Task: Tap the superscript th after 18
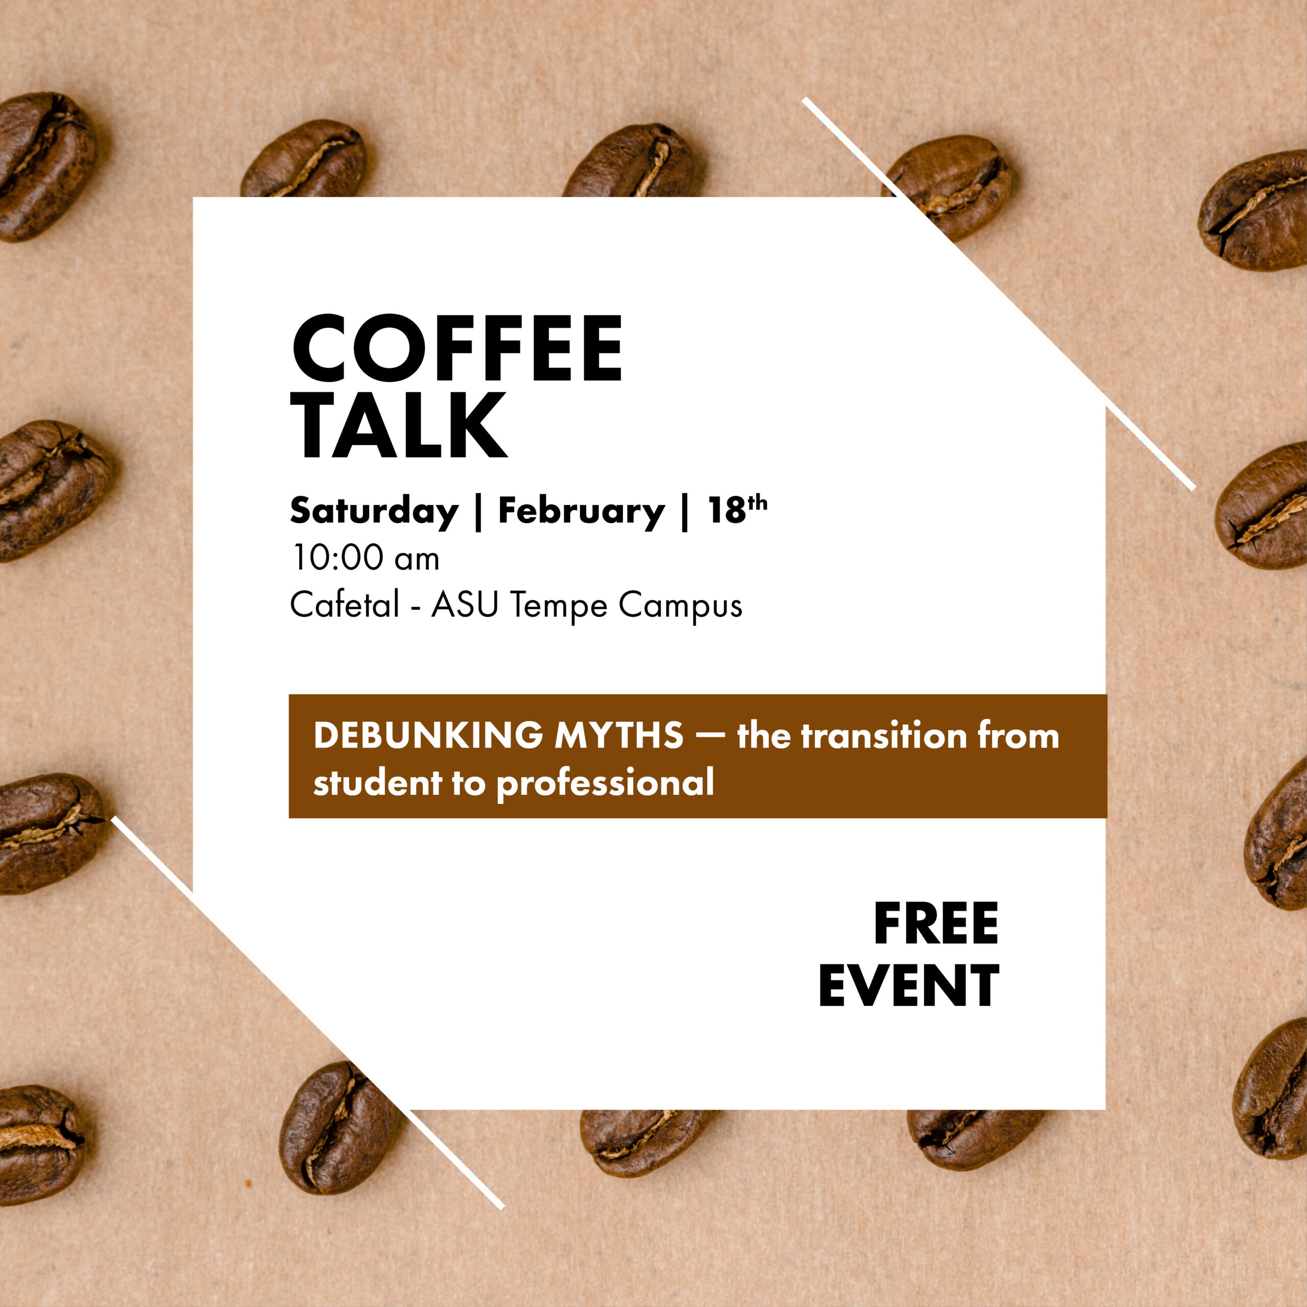tap(758, 503)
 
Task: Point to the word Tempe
tap(559, 606)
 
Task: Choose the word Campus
tap(681, 606)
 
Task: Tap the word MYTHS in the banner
tap(619, 735)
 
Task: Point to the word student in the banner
tap(377, 783)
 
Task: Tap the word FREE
tap(936, 924)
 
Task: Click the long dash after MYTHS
tap(710, 735)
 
